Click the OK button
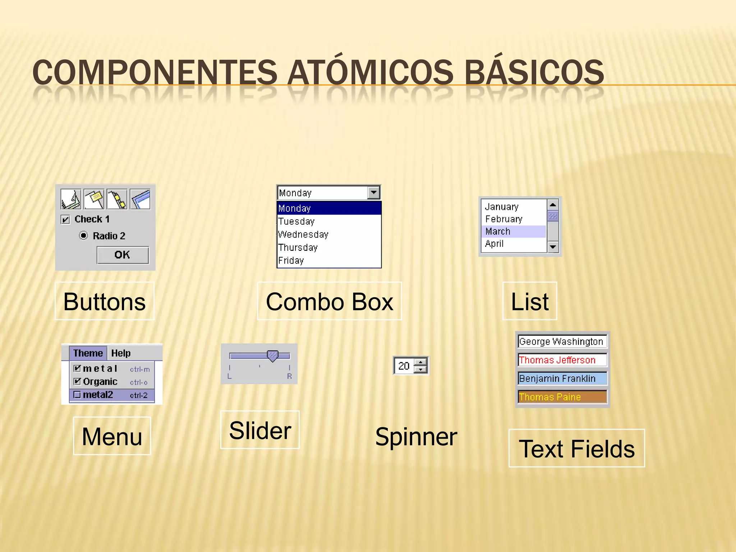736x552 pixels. tap(123, 255)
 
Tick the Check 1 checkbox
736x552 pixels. tap(65, 220)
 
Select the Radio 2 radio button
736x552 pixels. tap(83, 236)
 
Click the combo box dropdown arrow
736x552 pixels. tap(374, 193)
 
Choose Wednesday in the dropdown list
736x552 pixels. tap(303, 235)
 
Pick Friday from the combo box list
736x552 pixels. tap(291, 261)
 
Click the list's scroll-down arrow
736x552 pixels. tap(553, 247)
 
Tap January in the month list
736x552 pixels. tap(502, 207)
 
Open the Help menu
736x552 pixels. tap(121, 353)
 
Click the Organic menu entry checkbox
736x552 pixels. tap(77, 381)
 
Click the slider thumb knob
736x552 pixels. tap(273, 356)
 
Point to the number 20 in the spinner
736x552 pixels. tap(404, 366)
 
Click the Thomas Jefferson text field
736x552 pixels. tap(562, 360)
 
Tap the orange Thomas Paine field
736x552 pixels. tap(562, 397)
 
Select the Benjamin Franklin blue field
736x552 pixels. tap(562, 378)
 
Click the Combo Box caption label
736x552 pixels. tap(330, 301)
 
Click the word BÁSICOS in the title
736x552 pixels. tap(534, 73)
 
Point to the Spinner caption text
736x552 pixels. tap(416, 437)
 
